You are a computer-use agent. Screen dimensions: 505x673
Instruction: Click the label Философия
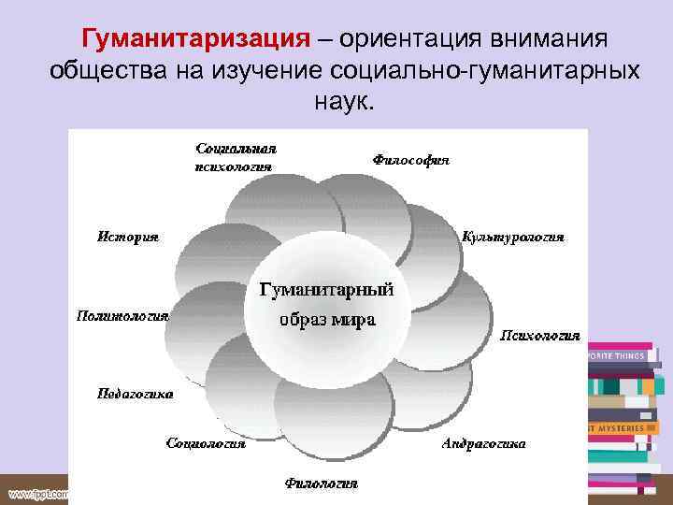point(410,160)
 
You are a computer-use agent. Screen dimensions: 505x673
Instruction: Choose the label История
point(128,237)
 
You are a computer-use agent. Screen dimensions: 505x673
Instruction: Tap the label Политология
point(122,315)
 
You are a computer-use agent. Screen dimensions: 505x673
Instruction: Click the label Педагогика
point(136,393)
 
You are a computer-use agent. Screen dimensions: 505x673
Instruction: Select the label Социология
point(206,442)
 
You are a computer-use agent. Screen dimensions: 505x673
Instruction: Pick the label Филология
point(321,483)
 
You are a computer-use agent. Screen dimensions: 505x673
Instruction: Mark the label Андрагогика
point(483,442)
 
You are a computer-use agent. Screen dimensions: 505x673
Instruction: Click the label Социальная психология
point(236,157)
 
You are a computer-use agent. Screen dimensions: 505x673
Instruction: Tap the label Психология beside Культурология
point(541,334)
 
